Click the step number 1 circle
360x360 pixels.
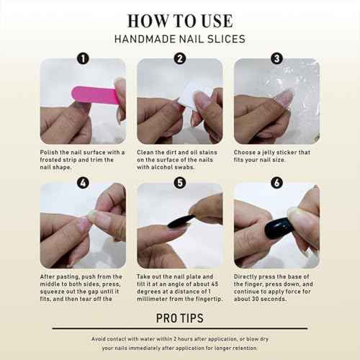tap(83, 58)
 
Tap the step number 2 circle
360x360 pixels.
tap(180, 58)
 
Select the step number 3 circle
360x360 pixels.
tap(277, 58)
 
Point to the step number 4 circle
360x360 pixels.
tap(83, 183)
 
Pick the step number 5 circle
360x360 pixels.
tap(180, 183)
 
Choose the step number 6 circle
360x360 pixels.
tap(277, 183)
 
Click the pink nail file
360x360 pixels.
tap(95, 95)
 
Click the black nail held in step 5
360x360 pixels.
tap(181, 221)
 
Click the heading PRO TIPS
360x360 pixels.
tap(180, 318)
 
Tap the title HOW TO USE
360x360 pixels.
tap(180, 21)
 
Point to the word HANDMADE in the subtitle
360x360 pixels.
tap(145, 39)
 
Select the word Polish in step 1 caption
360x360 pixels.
tap(49, 153)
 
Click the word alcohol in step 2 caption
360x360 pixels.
tap(163, 167)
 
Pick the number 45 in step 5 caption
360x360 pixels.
tap(215, 284)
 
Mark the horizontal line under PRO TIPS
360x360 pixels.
tap(180, 328)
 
